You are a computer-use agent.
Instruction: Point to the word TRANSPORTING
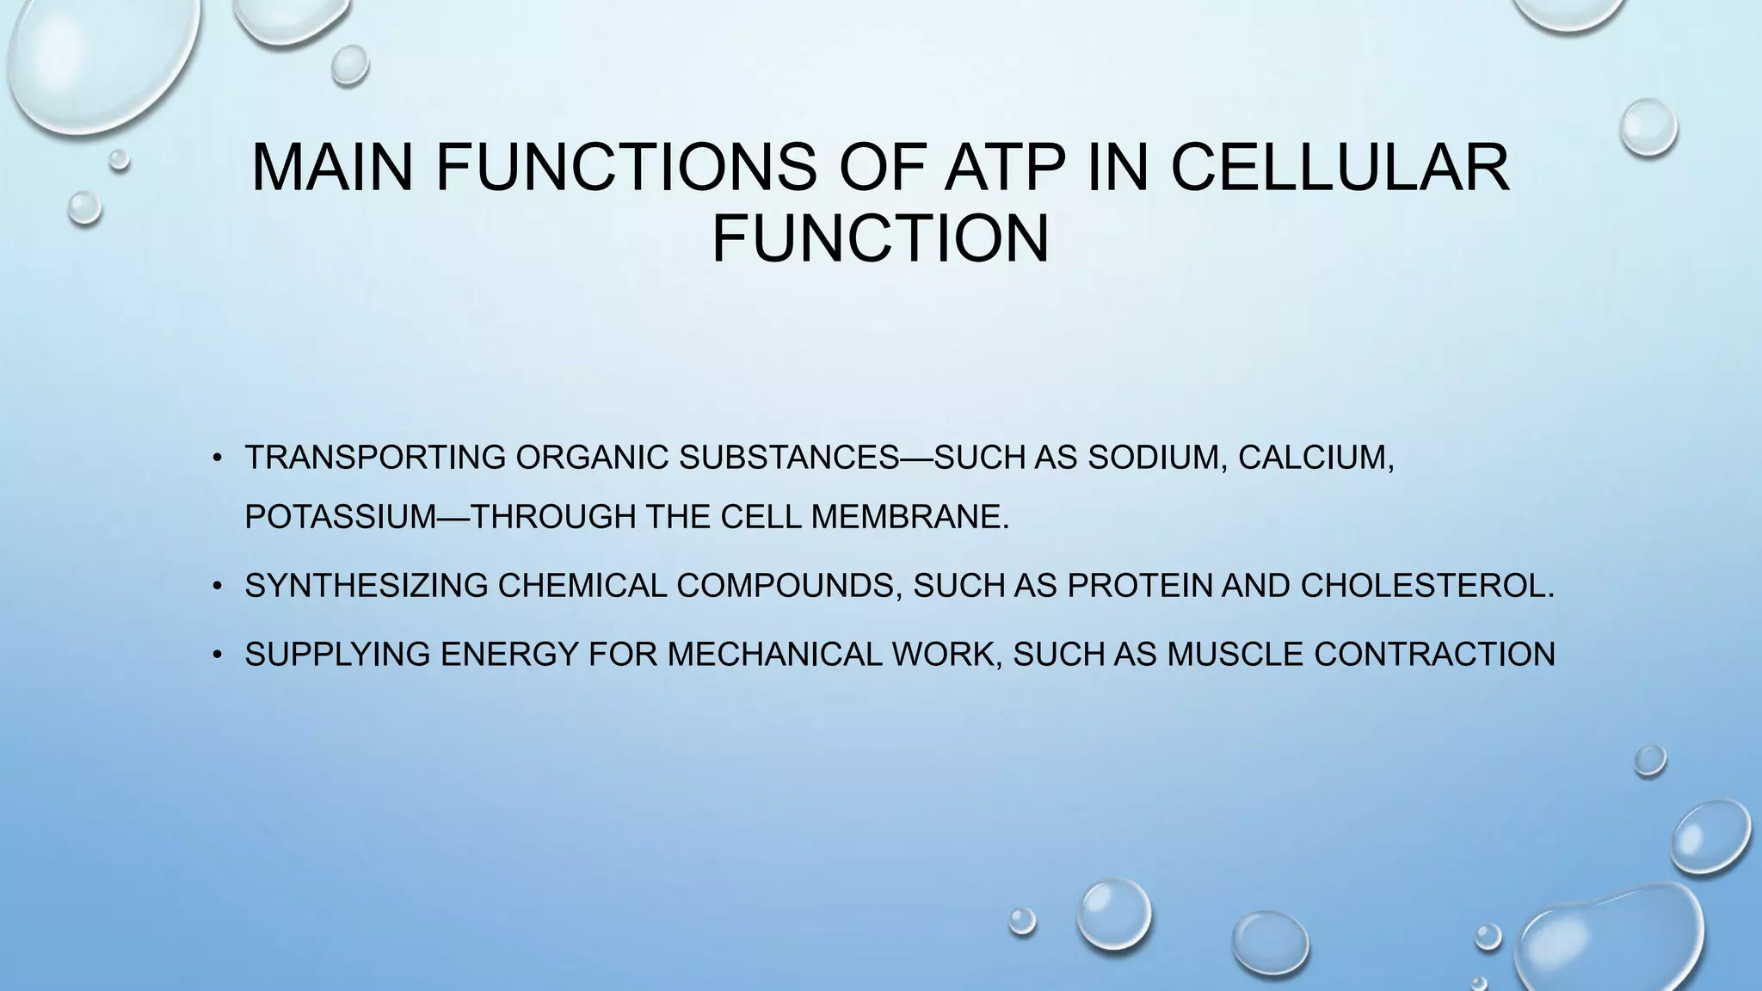[375, 458]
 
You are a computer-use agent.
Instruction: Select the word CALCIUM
[1315, 458]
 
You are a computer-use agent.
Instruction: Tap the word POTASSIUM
[341, 517]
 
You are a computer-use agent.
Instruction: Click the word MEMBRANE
[909, 517]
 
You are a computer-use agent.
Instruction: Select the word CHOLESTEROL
[1426, 586]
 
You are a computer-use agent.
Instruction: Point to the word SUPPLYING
[338, 655]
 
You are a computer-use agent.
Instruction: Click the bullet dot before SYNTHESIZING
[219, 588]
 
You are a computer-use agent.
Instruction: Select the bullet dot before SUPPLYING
[219, 656]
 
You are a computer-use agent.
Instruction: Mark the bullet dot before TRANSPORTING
[219, 459]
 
